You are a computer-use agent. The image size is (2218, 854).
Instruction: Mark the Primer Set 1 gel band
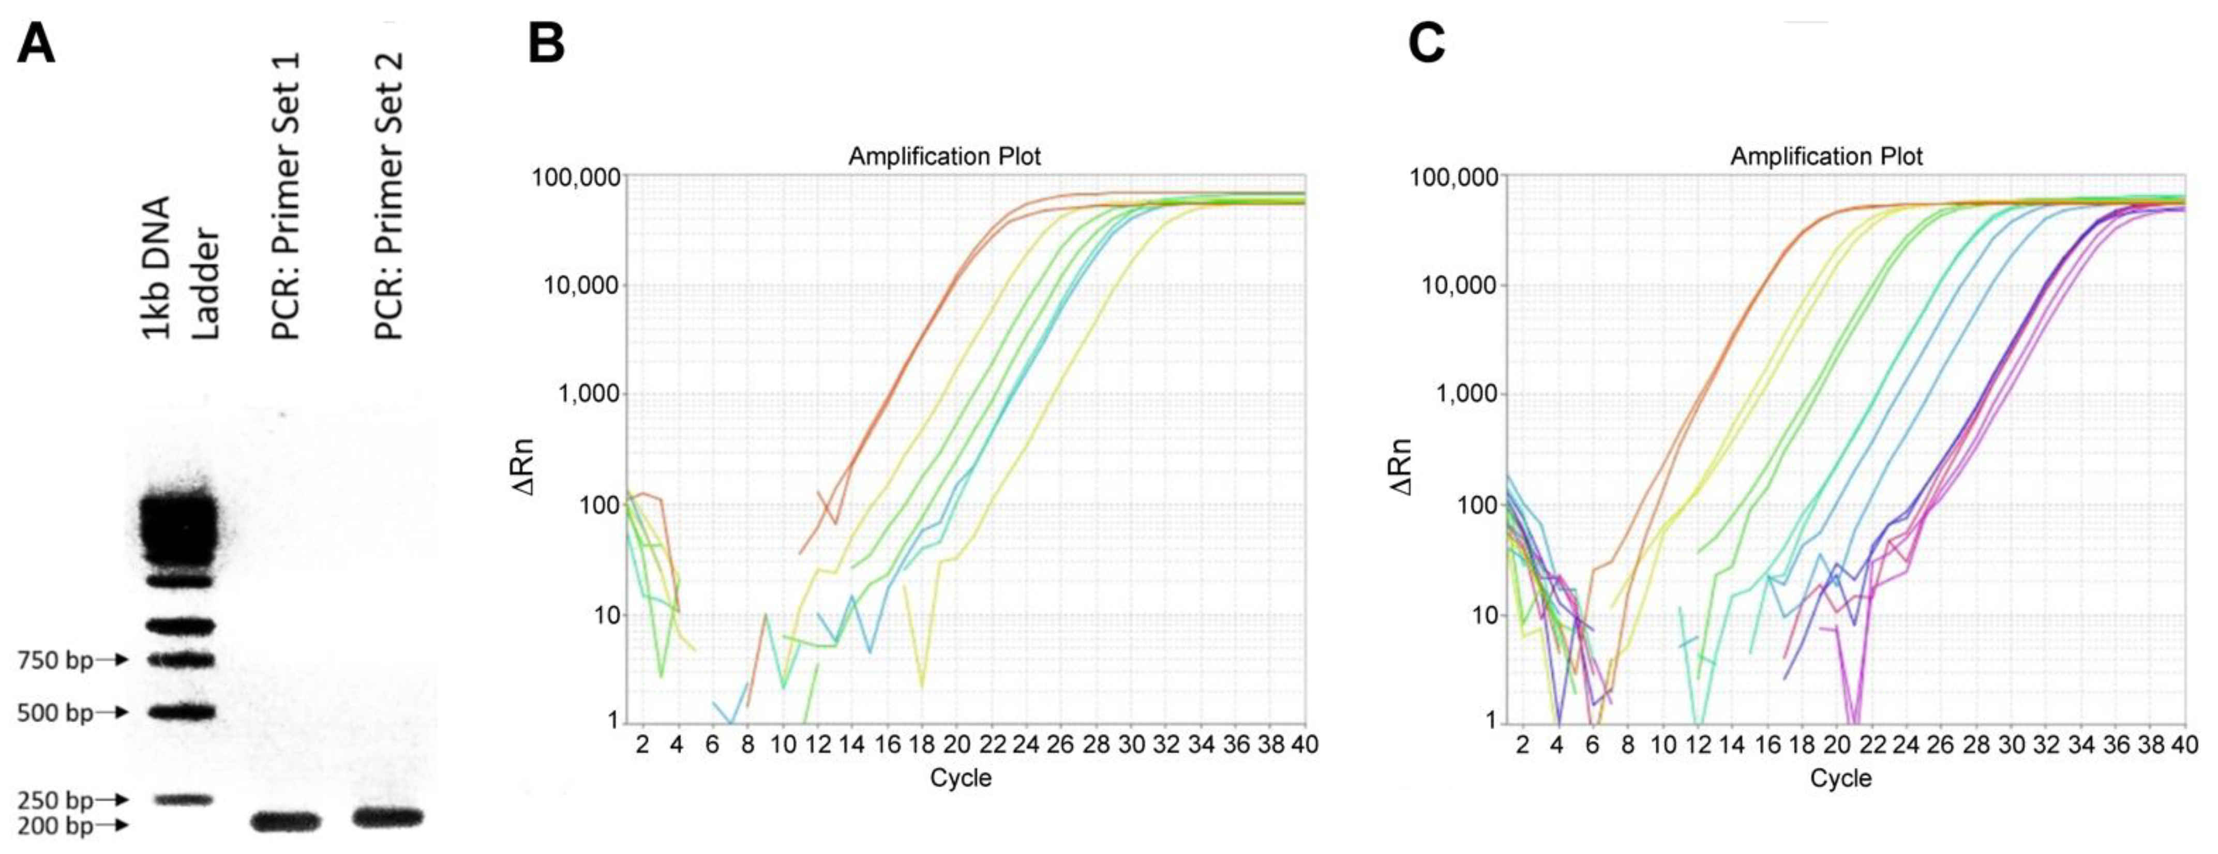[285, 821]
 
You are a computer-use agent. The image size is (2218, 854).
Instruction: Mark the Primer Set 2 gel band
[387, 816]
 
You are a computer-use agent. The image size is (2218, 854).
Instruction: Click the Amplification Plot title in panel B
[945, 157]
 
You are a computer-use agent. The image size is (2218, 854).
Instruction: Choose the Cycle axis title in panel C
[1841, 778]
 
